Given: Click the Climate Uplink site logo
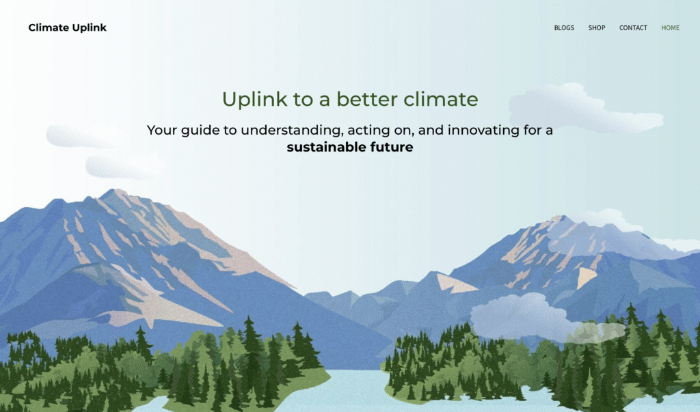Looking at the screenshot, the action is point(68,28).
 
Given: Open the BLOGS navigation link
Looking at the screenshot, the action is point(564,28).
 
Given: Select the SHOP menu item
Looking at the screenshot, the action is point(597,28).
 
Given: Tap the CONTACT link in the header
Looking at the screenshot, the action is point(633,28).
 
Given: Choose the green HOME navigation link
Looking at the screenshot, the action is point(671,28).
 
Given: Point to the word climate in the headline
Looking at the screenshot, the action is point(441,99).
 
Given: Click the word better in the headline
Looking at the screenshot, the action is point(367,99).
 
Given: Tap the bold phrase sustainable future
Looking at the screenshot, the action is point(350,148).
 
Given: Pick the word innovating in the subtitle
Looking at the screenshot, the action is point(483,131).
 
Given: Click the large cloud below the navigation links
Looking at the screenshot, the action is point(586,109).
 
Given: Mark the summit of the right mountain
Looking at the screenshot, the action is point(559,217).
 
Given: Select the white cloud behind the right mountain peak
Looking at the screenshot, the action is point(625,223).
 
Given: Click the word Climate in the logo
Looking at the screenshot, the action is point(49,28).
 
